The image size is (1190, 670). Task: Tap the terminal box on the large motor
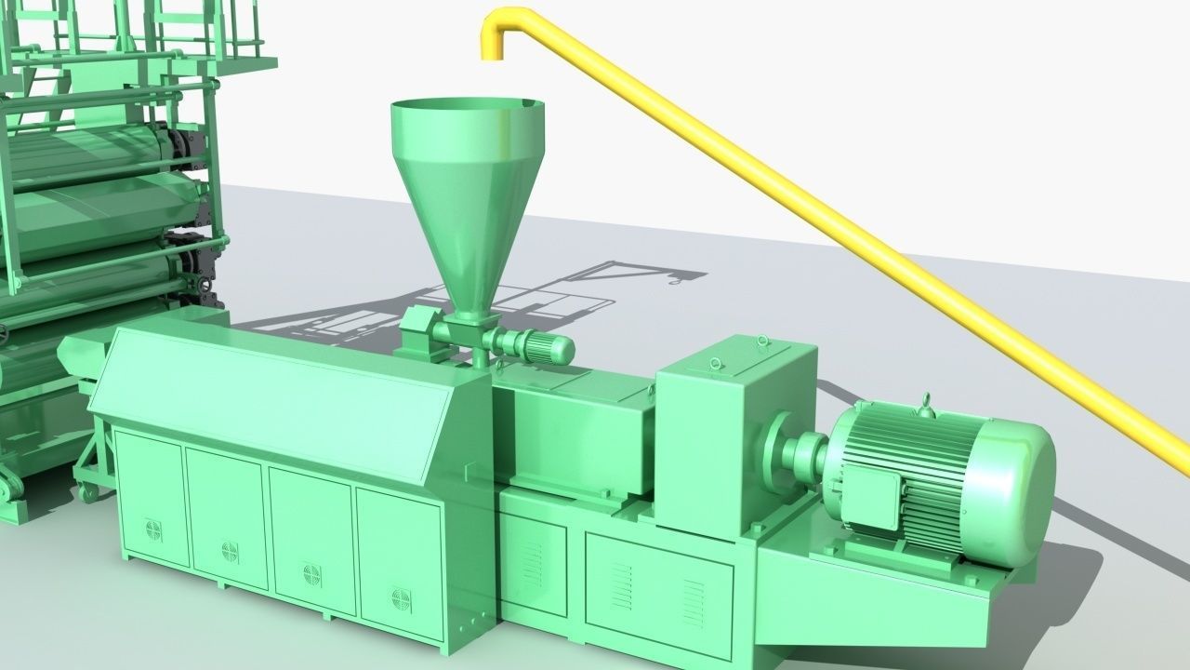870,489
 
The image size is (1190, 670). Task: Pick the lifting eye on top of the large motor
925,405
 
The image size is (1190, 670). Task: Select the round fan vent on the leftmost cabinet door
153,529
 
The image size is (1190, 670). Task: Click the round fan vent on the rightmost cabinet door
402,598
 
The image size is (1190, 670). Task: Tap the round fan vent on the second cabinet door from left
230,551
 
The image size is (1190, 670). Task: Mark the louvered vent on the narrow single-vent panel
534,563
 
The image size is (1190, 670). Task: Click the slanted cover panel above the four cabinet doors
279,400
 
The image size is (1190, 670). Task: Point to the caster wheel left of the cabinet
88,492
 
